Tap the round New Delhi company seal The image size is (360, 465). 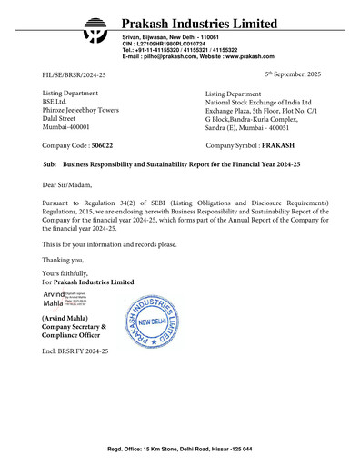coord(160,324)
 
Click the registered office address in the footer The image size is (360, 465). coord(180,450)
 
